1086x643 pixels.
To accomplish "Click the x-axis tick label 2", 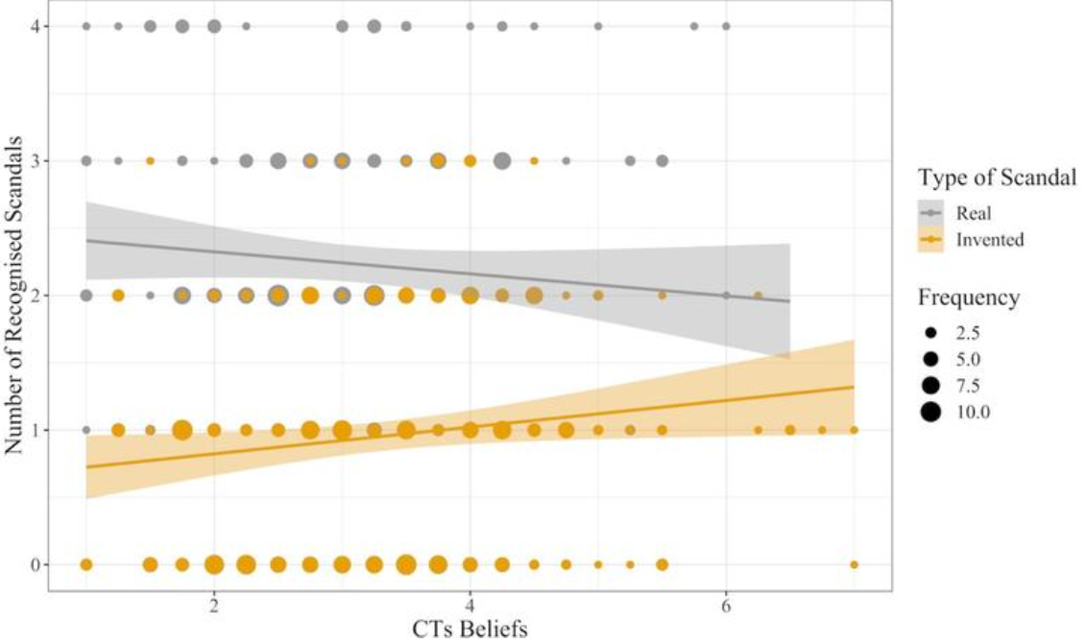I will (214, 607).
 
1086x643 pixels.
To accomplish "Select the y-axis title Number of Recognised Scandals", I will (12, 295).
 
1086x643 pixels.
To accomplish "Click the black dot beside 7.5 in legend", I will (929, 386).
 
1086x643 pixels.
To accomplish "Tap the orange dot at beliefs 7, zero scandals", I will (854, 564).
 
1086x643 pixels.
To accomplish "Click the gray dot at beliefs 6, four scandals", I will (726, 26).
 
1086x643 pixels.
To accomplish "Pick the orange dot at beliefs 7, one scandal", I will (854, 430).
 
